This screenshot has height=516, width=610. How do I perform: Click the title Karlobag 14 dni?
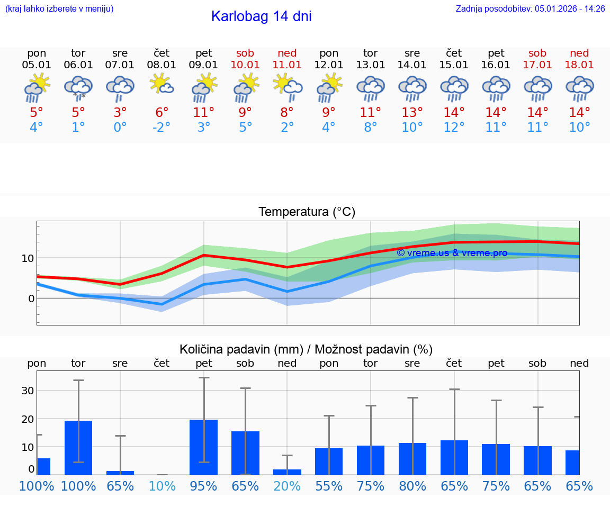tap(261, 16)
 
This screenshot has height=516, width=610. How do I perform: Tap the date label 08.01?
tap(162, 65)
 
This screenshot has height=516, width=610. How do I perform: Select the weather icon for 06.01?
tap(78, 88)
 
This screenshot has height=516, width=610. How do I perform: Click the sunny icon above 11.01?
tap(287, 87)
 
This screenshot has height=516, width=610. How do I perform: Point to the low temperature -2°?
tap(162, 128)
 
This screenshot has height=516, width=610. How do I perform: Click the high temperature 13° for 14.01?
tap(412, 113)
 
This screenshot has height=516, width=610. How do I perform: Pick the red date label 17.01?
tap(537, 65)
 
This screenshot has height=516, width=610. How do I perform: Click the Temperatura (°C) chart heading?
tap(307, 212)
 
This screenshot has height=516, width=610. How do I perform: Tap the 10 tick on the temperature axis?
tap(28, 258)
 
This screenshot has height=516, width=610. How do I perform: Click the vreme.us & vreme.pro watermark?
tap(452, 253)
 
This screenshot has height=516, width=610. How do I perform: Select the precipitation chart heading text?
tap(306, 349)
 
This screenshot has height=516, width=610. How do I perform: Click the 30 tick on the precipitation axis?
tap(28, 391)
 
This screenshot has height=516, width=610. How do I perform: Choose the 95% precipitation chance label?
tap(204, 486)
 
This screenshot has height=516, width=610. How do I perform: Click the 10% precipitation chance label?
tap(162, 486)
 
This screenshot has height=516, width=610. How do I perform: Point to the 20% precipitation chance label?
tap(287, 486)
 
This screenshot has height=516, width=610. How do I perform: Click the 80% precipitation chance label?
tap(412, 486)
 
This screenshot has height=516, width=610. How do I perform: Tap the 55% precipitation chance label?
tap(329, 486)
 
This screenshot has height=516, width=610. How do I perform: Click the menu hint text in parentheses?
tap(59, 8)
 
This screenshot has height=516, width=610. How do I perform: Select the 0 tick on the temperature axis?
tap(31, 298)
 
